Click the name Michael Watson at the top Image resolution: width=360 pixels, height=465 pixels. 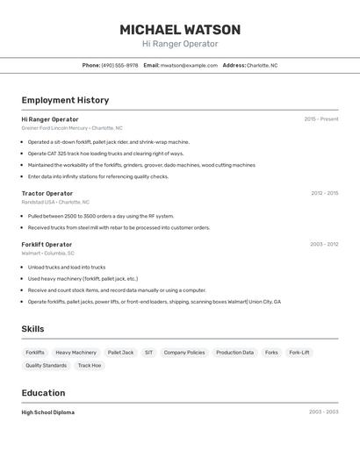click(x=180, y=30)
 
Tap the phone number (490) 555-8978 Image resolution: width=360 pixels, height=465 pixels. click(x=119, y=65)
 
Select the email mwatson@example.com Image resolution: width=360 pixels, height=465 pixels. click(x=189, y=65)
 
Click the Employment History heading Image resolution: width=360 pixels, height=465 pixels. click(x=65, y=100)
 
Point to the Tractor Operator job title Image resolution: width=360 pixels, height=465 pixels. click(x=47, y=193)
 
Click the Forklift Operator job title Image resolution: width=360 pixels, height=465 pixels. click(x=47, y=245)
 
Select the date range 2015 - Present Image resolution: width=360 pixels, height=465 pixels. click(x=320, y=119)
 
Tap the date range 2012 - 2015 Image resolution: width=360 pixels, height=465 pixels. click(x=324, y=193)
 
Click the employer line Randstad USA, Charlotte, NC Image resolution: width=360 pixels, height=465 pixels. click(x=55, y=202)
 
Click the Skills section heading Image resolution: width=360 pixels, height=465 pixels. click(x=33, y=329)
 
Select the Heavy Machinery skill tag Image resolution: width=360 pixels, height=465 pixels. click(x=76, y=353)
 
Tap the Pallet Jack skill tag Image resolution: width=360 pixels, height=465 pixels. click(x=120, y=353)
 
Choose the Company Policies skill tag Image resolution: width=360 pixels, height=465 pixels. click(x=184, y=353)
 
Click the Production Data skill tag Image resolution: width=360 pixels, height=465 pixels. click(x=234, y=353)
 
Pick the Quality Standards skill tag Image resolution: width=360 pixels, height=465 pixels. click(x=47, y=366)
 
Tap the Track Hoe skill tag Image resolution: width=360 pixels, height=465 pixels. click(x=90, y=366)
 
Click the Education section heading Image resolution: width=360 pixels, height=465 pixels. click(x=43, y=393)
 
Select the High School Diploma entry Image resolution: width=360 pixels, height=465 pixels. click(x=48, y=412)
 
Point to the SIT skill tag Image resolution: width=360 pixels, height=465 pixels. click(x=148, y=353)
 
